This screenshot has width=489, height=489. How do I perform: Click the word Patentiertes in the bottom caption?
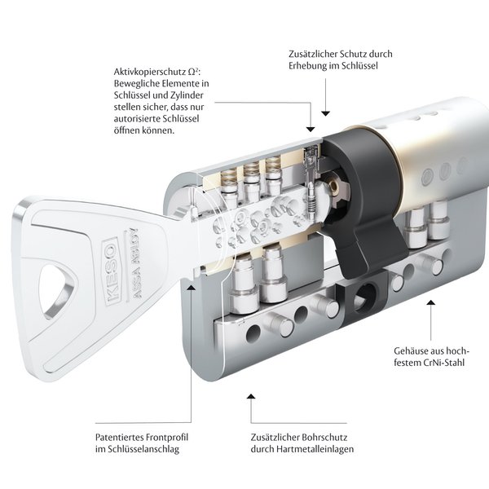pyautogui.click(x=122, y=437)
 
